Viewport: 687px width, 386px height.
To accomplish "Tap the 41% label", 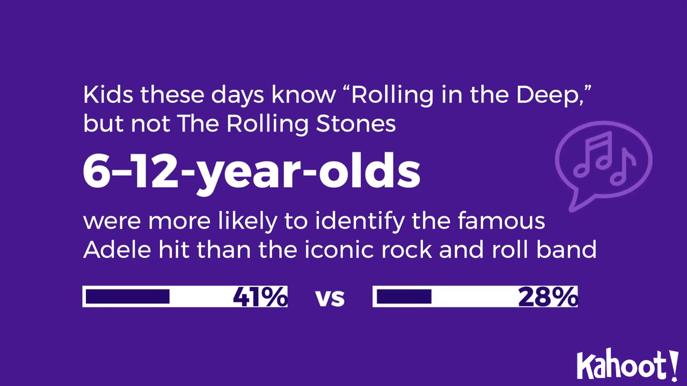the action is (x=260, y=297).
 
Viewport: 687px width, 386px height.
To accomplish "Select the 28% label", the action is (x=548, y=297).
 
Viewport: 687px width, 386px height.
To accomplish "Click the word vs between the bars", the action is (x=330, y=298).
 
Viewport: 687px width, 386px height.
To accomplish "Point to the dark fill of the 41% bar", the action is (x=128, y=296).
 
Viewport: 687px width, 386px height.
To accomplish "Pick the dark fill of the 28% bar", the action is (x=404, y=296).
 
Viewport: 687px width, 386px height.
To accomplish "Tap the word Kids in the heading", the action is (x=108, y=95).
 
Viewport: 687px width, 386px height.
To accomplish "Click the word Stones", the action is (x=356, y=124).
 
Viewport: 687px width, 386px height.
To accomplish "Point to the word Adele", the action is (x=117, y=250).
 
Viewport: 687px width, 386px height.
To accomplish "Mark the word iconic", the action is (x=339, y=250).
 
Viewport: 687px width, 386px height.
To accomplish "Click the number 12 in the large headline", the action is (x=156, y=171).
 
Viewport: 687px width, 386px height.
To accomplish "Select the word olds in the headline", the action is (x=369, y=170).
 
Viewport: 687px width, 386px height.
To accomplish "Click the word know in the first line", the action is (x=303, y=95).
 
